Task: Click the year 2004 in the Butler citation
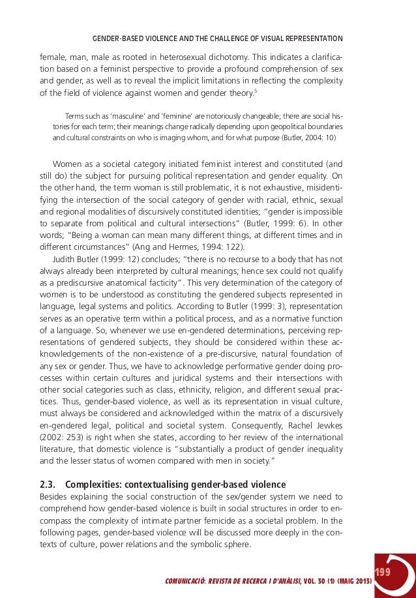312,138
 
